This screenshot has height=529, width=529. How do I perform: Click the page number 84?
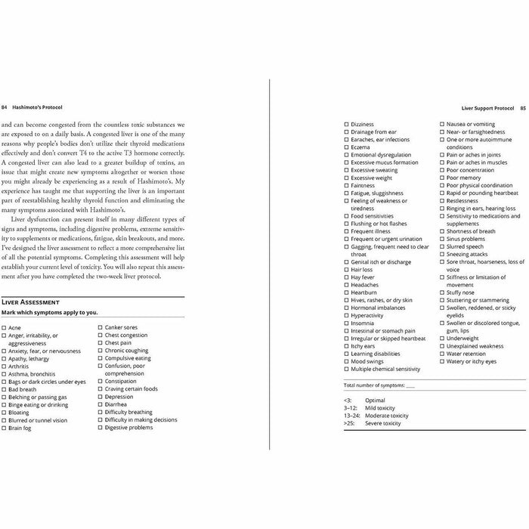[x=6, y=108]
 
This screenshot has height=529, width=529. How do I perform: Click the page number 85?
[x=522, y=108]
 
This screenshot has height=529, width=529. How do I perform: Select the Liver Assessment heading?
[x=30, y=301]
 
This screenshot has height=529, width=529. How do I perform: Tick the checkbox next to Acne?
[x=5, y=328]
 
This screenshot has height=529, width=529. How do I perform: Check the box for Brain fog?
[x=5, y=428]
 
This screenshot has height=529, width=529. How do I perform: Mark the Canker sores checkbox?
[x=101, y=328]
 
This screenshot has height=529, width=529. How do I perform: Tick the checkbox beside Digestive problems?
[x=101, y=428]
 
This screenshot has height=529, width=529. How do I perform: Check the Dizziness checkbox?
[x=347, y=124]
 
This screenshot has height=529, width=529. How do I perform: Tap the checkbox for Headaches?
[x=347, y=284]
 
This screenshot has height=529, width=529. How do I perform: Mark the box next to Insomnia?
[x=347, y=323]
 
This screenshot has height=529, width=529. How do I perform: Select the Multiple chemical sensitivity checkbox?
[x=347, y=369]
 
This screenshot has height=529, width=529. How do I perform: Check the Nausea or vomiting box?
[x=442, y=124]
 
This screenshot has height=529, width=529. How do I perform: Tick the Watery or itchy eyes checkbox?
[x=442, y=361]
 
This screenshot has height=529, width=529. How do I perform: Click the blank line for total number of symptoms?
[x=410, y=385]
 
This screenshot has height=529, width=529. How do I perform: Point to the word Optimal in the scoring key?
[x=375, y=401]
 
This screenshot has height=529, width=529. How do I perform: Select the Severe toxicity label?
[x=382, y=423]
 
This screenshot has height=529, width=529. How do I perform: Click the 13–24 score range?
[x=351, y=416]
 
